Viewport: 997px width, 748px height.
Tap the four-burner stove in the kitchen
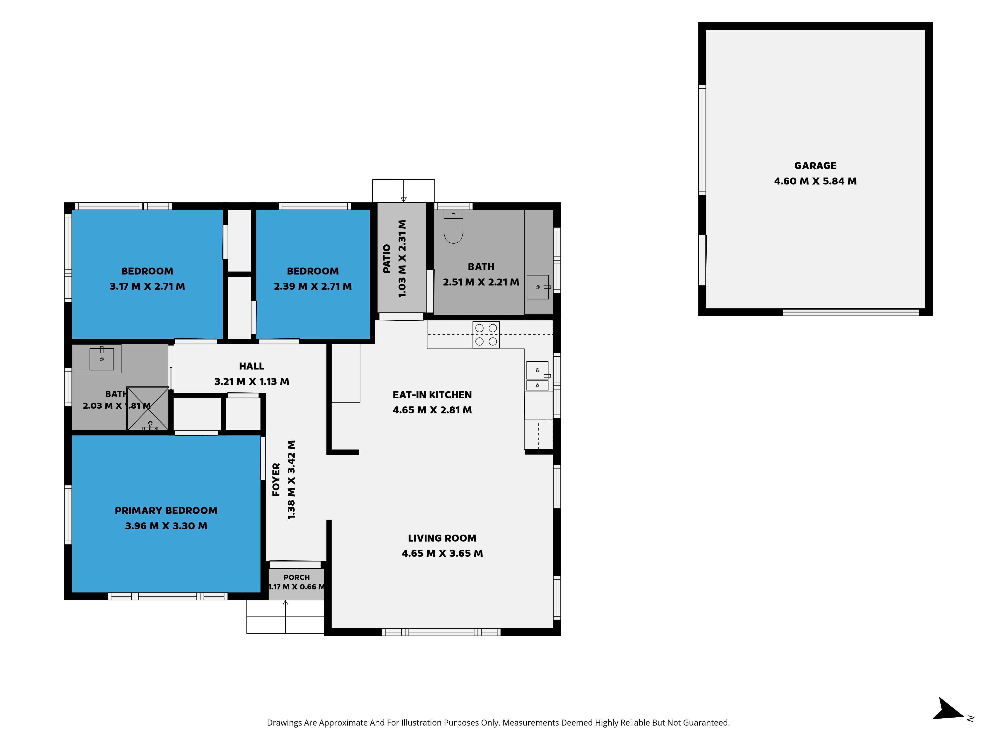486,335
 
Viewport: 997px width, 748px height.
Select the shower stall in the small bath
148,408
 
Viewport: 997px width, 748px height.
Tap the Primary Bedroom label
166,510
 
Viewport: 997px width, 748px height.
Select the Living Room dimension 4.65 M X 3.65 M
442,553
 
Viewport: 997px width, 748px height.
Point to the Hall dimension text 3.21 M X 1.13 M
251,381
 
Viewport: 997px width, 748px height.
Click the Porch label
297,577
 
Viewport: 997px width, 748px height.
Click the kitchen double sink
538,375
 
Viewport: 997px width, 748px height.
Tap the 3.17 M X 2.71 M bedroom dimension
147,286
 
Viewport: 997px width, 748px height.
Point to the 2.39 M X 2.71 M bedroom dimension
313,286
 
